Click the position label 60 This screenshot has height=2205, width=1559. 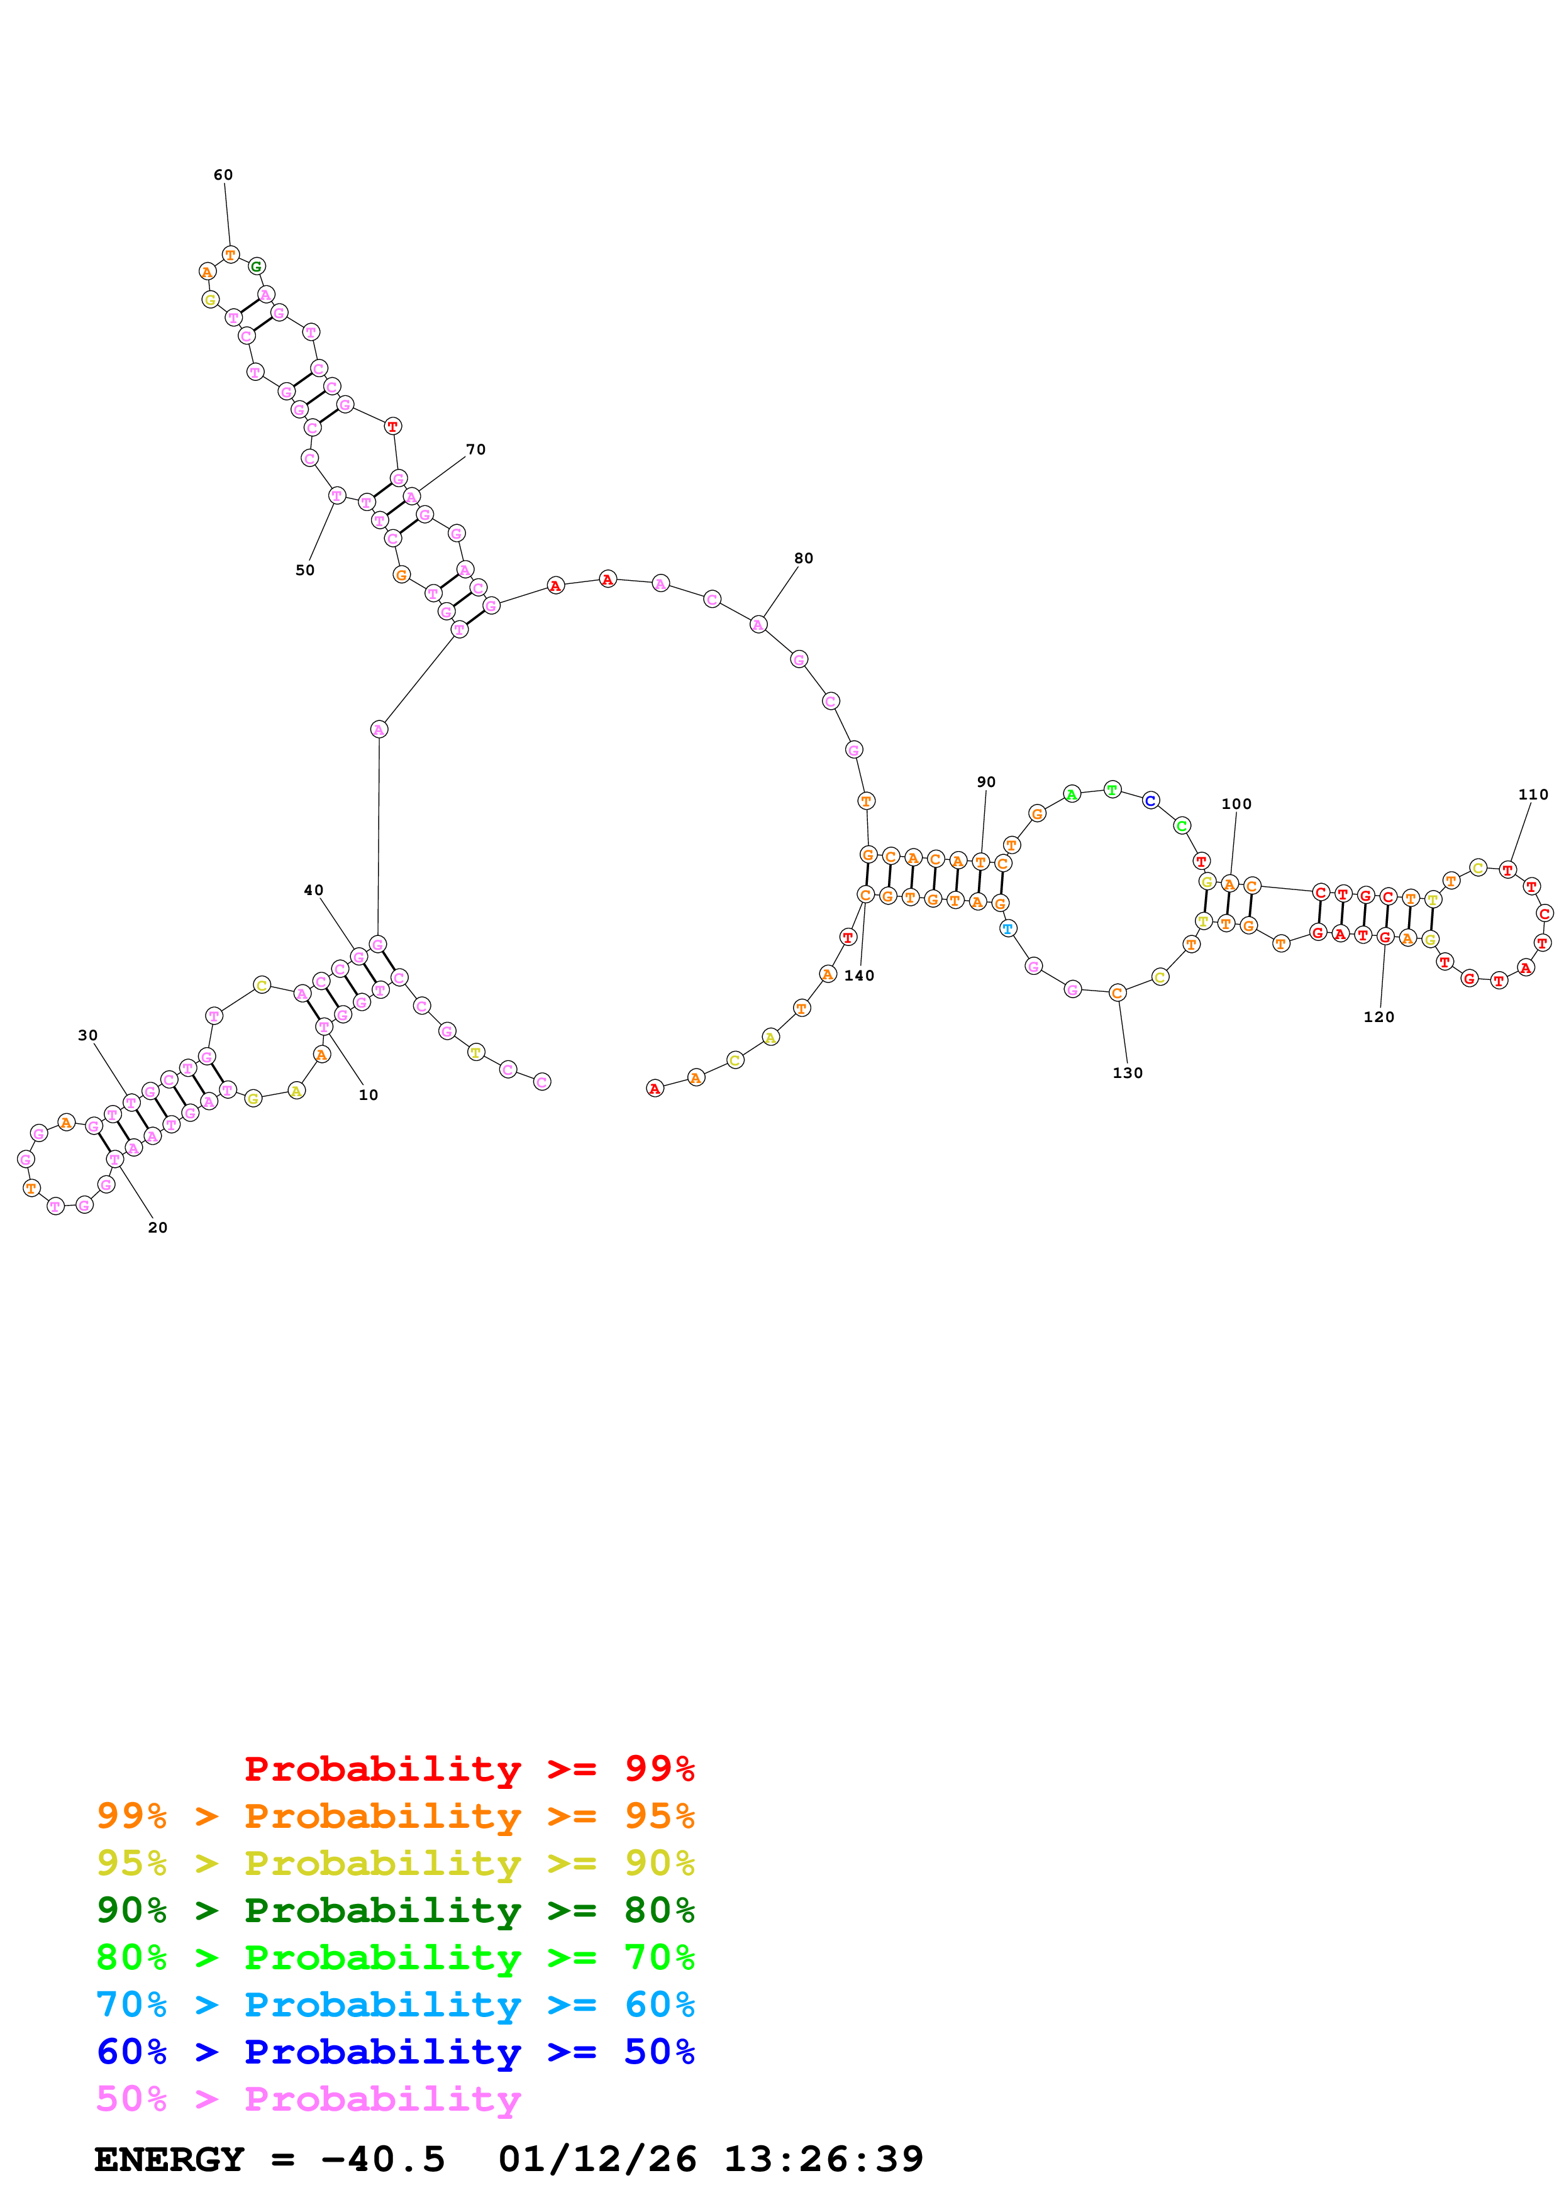[x=223, y=175]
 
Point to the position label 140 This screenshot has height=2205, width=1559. [x=859, y=976]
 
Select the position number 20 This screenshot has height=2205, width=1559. [x=157, y=1228]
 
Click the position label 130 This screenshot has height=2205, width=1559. [x=1128, y=1073]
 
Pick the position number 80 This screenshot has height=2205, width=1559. [x=803, y=558]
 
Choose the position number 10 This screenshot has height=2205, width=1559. [x=368, y=1095]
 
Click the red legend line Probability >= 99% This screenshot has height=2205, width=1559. [x=469, y=1769]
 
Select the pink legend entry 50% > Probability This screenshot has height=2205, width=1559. [x=308, y=2098]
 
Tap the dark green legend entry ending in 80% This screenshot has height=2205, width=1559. [x=395, y=1910]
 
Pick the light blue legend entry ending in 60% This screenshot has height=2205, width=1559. [x=395, y=2004]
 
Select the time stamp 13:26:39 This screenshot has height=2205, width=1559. [x=823, y=2159]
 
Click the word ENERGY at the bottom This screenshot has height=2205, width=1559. [x=169, y=2159]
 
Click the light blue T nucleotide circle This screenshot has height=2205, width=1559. [x=1007, y=928]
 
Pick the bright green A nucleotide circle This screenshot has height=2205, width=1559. [x=1072, y=793]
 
